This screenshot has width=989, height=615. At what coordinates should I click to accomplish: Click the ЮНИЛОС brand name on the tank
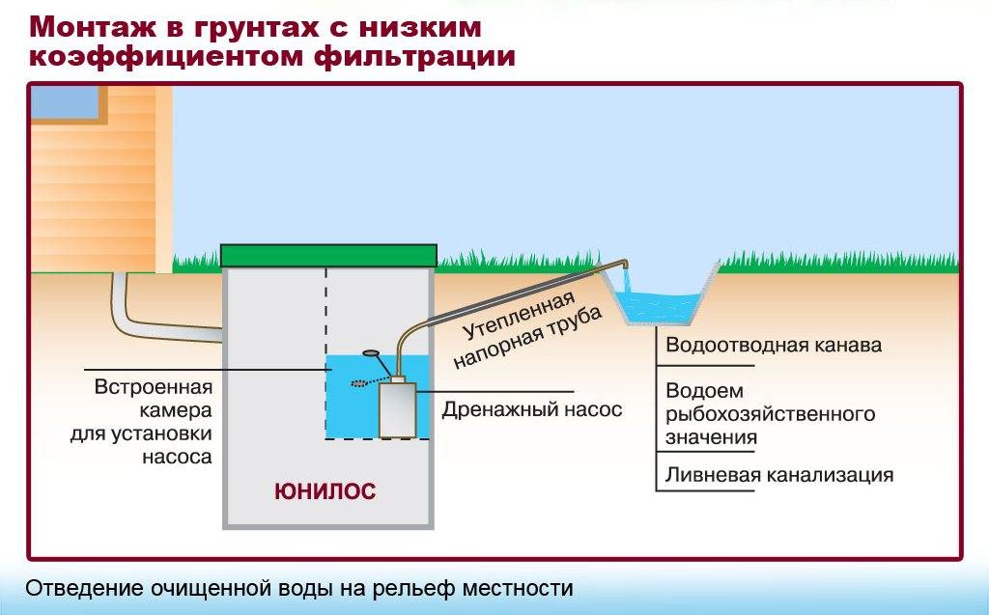coord(325,491)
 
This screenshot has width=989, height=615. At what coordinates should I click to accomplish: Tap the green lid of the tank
coord(328,256)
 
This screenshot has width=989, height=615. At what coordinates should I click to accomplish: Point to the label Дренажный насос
coord(532,410)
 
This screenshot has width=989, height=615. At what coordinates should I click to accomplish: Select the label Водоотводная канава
coord(774,345)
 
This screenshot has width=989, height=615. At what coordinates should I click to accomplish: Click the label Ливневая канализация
coord(779,474)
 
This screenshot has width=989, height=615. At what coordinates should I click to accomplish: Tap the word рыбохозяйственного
coord(770,414)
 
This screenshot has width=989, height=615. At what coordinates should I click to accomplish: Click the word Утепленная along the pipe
coord(519,316)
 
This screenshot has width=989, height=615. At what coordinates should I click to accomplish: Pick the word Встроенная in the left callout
coord(154,386)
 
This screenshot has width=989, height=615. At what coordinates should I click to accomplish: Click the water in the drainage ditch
coord(659,305)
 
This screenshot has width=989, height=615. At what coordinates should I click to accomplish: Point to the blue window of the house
coord(65,102)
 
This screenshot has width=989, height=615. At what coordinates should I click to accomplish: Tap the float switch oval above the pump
coord(371,354)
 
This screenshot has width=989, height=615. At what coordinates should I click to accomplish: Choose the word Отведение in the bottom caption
coord(84,588)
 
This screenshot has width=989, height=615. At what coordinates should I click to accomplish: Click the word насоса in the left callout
coord(177,456)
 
